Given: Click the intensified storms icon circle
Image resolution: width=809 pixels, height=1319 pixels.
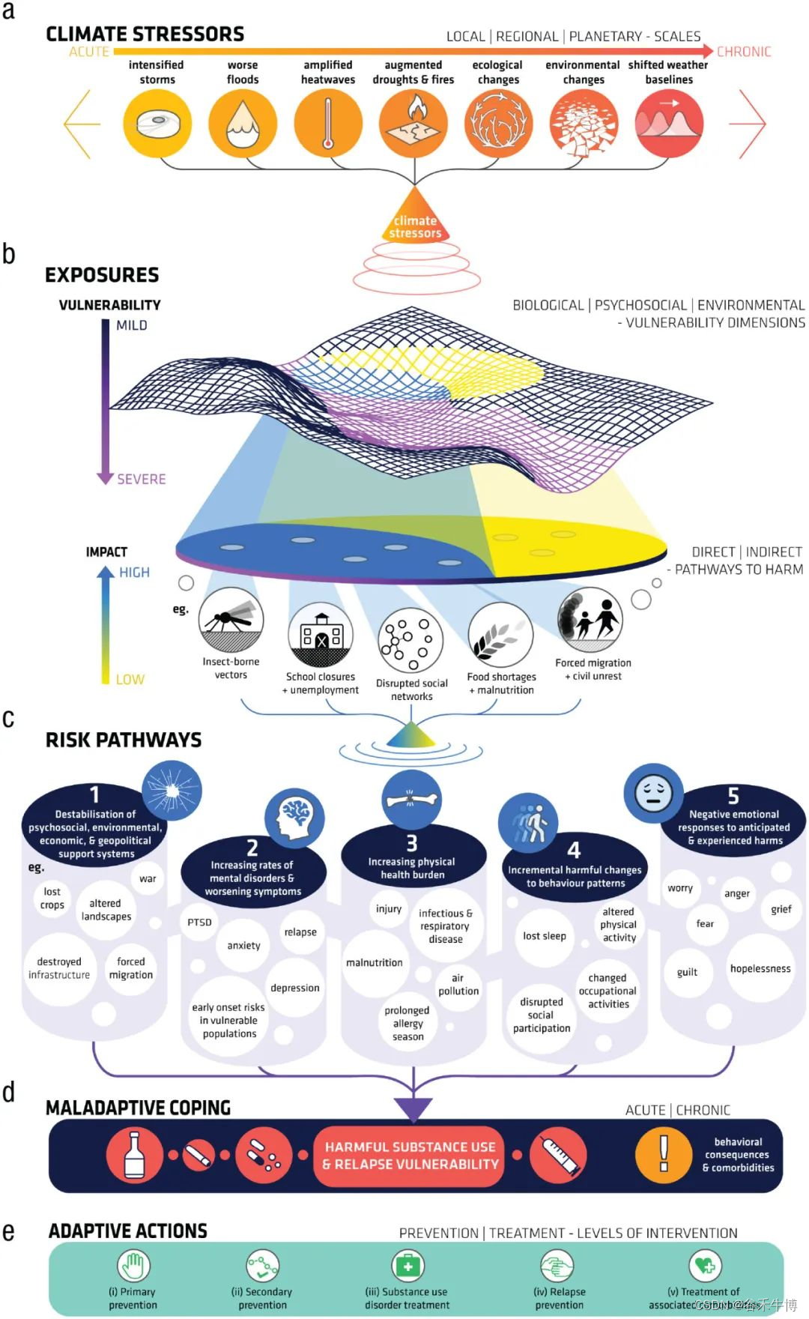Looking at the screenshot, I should (157, 123).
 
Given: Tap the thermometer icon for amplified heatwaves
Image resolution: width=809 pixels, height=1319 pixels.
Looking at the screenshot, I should (328, 123).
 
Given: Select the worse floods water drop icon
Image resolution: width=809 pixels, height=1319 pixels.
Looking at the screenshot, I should (243, 123).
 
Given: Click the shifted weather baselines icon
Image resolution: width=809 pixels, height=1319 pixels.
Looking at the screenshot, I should (669, 123).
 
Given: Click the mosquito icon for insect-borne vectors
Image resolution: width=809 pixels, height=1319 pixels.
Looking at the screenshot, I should (231, 621).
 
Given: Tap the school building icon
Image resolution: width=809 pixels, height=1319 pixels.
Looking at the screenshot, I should (321, 636).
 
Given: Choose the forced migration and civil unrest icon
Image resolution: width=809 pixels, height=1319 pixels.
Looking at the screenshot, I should (590, 621).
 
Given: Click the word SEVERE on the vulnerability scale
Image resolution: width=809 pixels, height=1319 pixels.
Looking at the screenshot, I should (141, 480).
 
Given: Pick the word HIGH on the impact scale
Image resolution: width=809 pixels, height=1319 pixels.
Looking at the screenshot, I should (134, 573).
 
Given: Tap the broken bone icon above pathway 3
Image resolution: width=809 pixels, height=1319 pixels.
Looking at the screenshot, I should (411, 799).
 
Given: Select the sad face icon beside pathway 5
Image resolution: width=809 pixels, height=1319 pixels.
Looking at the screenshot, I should (653, 794).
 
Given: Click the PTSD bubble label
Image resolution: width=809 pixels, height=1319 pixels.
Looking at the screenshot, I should (199, 923).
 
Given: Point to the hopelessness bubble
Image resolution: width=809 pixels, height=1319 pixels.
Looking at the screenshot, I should (760, 969).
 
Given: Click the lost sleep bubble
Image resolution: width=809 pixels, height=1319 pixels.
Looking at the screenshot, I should (545, 937).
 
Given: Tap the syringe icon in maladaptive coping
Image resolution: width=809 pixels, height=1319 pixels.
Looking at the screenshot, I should (559, 1155).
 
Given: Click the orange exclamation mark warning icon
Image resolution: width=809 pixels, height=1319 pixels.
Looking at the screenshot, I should (664, 1154).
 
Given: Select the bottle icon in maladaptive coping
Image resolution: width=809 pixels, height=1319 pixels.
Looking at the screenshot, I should (135, 1155).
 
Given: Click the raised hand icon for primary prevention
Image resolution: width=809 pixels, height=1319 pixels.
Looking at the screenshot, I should (133, 1267).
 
